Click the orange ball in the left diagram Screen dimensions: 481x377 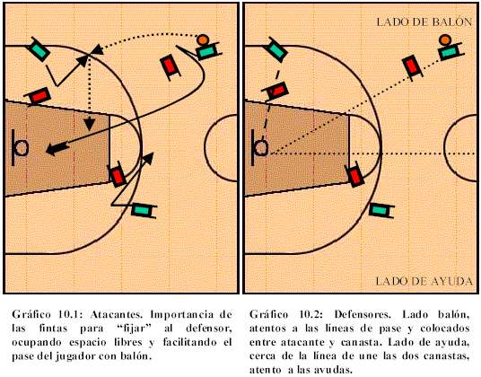(203, 39)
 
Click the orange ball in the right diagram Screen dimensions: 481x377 (444, 39)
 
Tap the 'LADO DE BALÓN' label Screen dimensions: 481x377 (424, 22)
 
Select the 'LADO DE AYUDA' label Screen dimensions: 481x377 (424, 281)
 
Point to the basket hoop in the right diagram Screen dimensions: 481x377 (262, 147)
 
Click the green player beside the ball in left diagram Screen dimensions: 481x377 (208, 51)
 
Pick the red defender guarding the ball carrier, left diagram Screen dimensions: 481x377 (170, 67)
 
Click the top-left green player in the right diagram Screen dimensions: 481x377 (277, 49)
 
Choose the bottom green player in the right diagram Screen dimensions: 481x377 (381, 210)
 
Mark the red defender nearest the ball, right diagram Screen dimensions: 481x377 (413, 67)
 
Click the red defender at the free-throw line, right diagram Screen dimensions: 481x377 (355, 175)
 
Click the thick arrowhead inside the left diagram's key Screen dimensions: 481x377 (57, 149)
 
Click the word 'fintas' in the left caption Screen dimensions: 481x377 (53, 329)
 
